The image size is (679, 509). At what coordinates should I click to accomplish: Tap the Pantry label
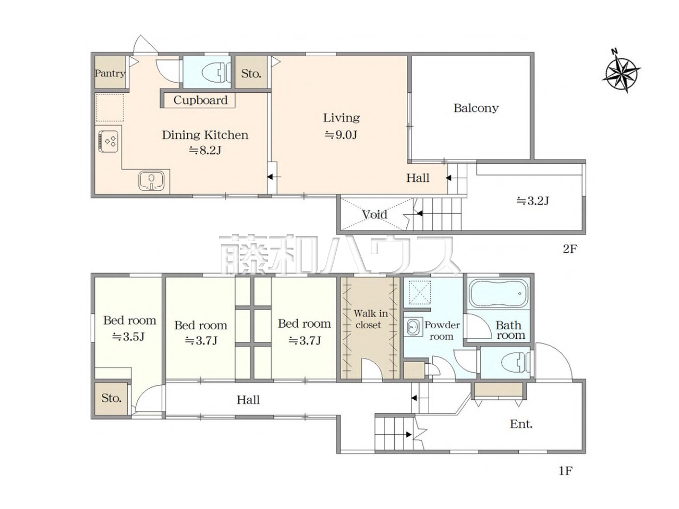pyautogui.click(x=110, y=74)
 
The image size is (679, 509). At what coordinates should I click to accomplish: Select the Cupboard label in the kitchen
pyautogui.click(x=200, y=100)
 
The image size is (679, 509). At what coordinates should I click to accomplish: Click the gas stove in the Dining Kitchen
pyautogui.click(x=108, y=142)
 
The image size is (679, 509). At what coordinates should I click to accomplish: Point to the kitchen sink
pyautogui.click(x=151, y=180)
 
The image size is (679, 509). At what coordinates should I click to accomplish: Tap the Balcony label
pyautogui.click(x=476, y=108)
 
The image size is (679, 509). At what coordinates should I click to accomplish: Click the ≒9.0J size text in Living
pyautogui.click(x=341, y=135)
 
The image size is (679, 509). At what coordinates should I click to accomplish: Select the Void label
pyautogui.click(x=375, y=215)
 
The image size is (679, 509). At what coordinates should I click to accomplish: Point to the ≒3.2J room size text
pyautogui.click(x=533, y=201)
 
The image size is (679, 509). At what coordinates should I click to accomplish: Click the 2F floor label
pyautogui.click(x=570, y=249)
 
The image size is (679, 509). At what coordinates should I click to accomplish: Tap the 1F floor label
pyautogui.click(x=565, y=471)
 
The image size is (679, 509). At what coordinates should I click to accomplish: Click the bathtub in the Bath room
pyautogui.click(x=499, y=293)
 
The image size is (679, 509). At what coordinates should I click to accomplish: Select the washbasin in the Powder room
pyautogui.click(x=413, y=327)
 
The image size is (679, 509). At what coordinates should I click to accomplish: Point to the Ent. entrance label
pyautogui.click(x=521, y=424)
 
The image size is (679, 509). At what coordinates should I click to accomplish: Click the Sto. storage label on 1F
pyautogui.click(x=111, y=398)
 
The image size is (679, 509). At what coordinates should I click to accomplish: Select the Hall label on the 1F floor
pyautogui.click(x=248, y=400)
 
